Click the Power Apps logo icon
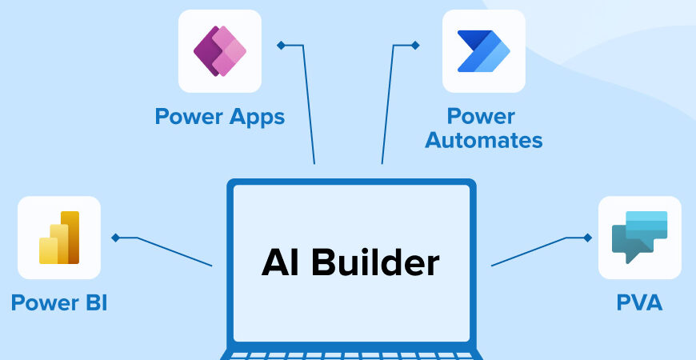[x=219, y=50]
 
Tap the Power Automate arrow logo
[x=483, y=50]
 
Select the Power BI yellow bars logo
[x=59, y=238]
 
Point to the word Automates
[x=483, y=141]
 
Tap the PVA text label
[x=639, y=303]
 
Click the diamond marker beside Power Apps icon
[x=281, y=45]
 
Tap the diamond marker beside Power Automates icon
[x=414, y=45]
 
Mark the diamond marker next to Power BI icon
[x=116, y=238]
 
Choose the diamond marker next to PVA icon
[x=588, y=238]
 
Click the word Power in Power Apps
[x=189, y=117]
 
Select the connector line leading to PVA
[x=528, y=252]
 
